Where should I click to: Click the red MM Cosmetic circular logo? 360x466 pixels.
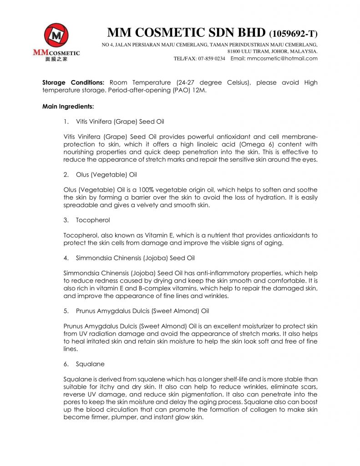(56, 35)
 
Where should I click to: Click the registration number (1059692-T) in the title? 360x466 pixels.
(294, 34)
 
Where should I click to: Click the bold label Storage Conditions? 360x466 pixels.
(73, 83)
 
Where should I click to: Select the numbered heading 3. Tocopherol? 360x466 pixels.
(93, 220)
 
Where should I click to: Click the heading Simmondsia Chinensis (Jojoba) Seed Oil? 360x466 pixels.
(135, 258)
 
